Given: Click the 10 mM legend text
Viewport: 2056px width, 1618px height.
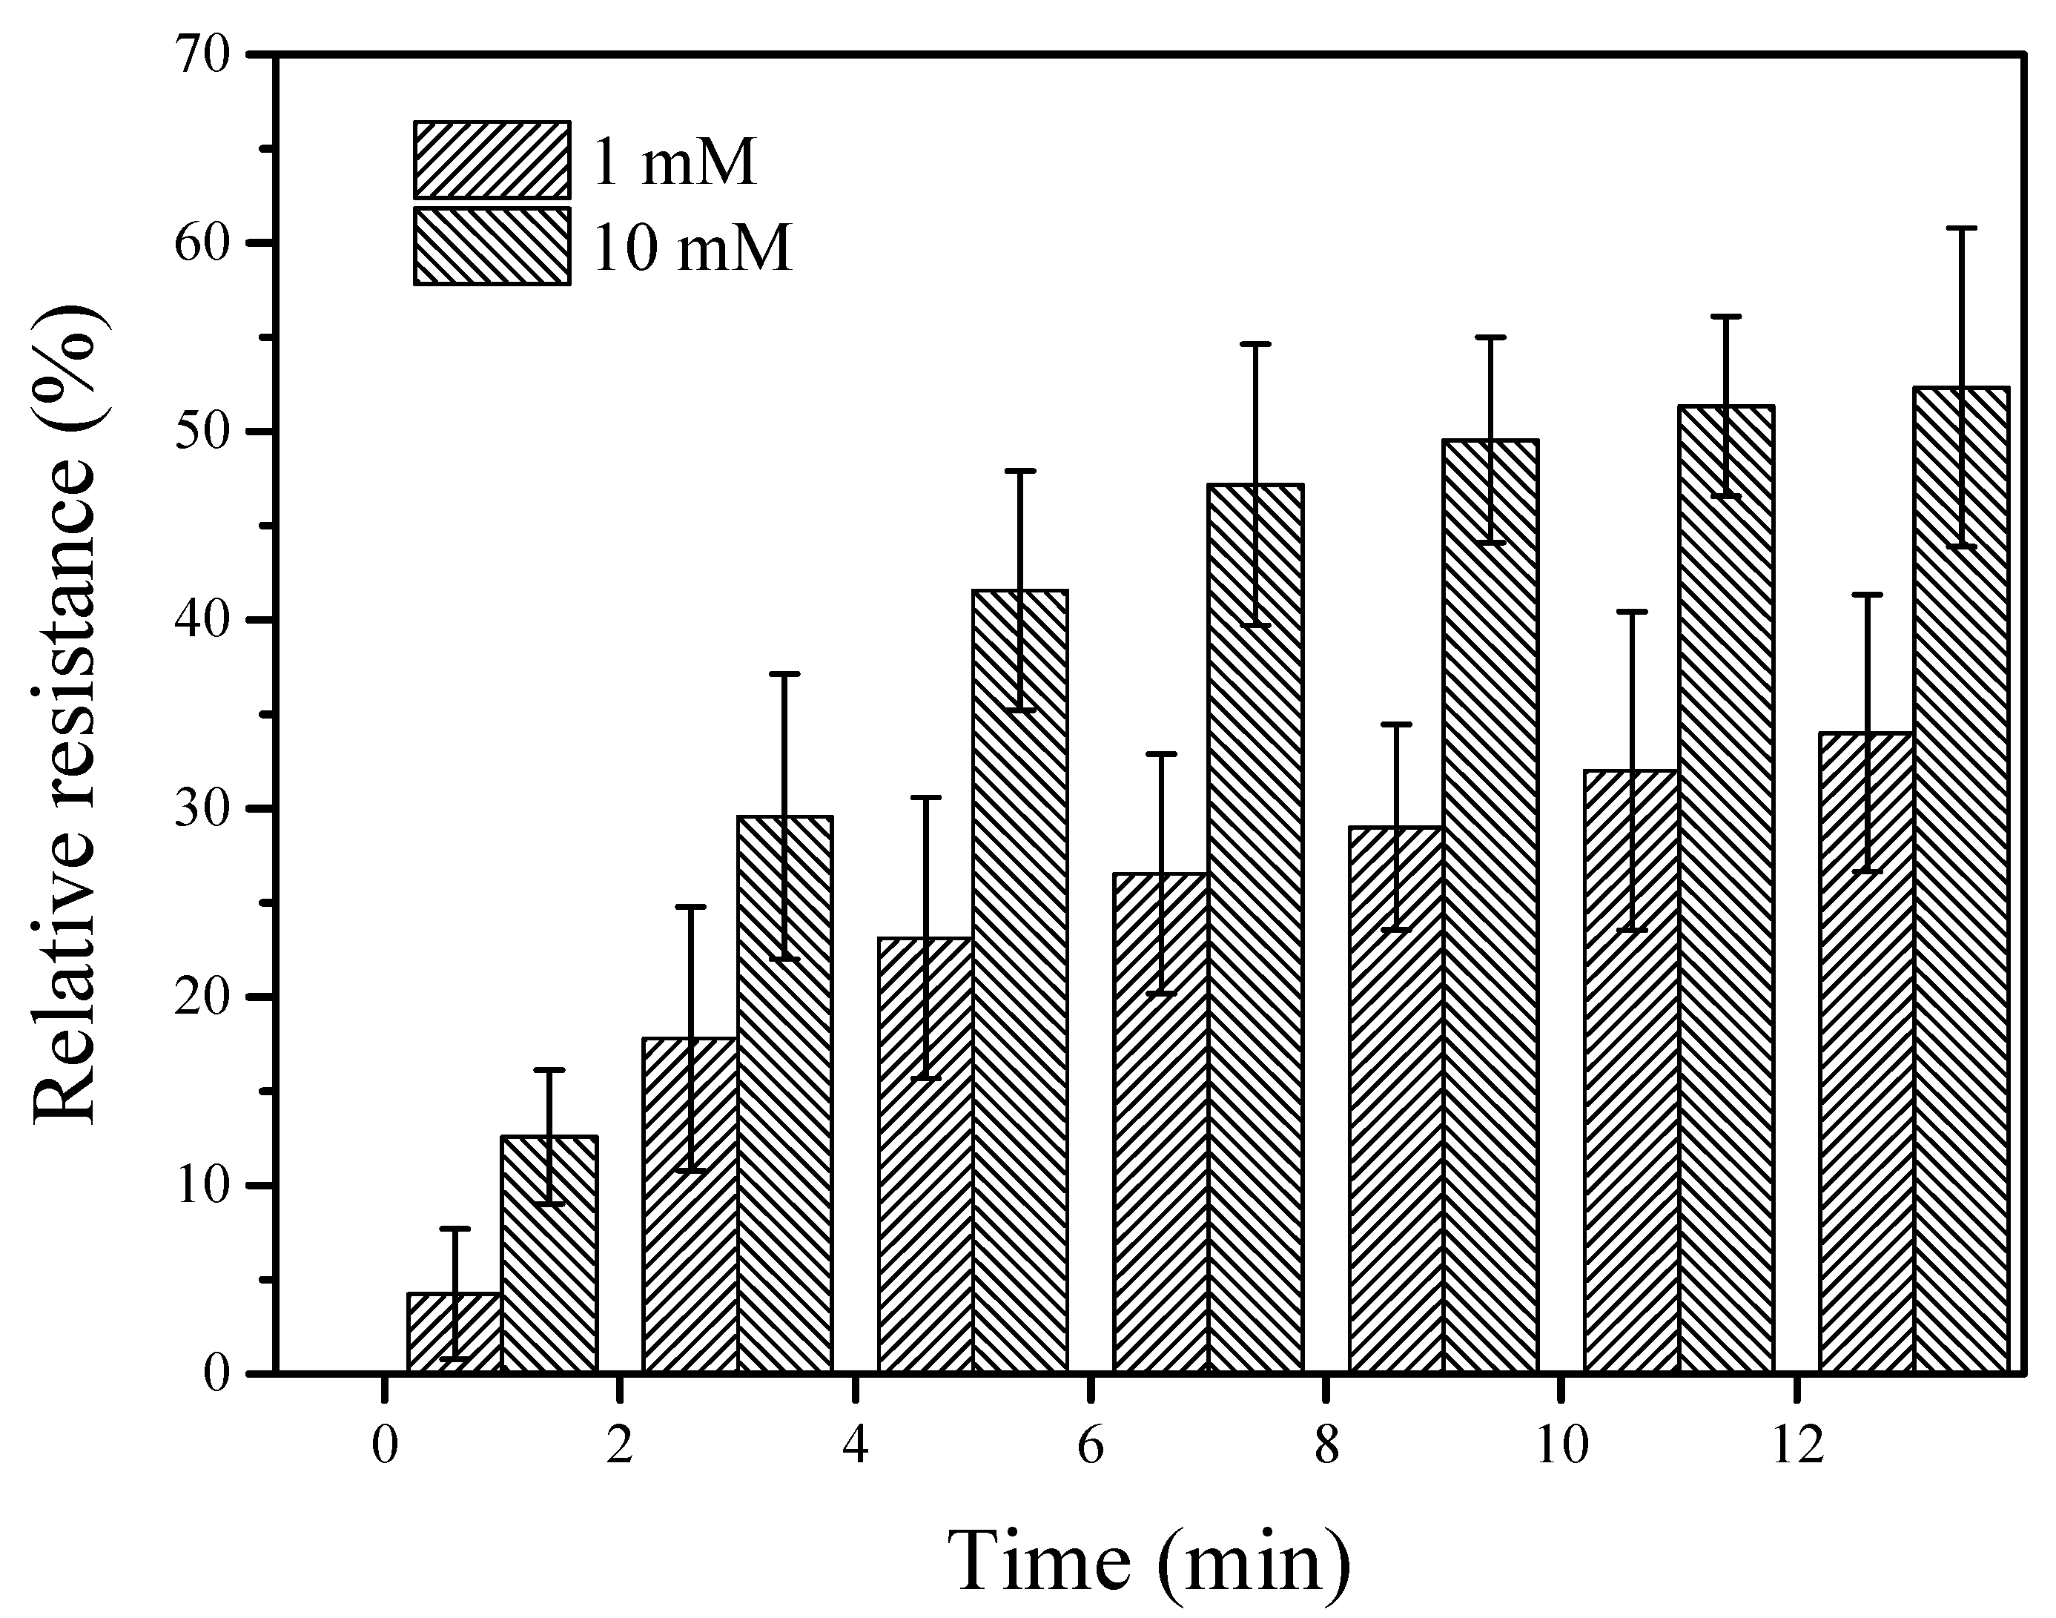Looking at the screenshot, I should (x=693, y=248).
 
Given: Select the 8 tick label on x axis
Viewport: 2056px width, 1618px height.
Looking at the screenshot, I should (x=1326, y=1447).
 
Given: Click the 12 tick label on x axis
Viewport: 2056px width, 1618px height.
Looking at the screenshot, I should (x=1796, y=1447).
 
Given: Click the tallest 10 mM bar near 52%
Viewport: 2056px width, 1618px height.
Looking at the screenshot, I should (x=1960, y=881).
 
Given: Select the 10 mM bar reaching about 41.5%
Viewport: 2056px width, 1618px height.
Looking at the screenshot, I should (x=1020, y=980).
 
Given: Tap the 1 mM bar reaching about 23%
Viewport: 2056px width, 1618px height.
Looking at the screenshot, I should (x=925, y=1156).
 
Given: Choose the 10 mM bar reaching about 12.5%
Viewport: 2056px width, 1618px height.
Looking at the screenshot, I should (x=549, y=1255).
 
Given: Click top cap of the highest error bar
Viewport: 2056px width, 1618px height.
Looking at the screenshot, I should (x=1960, y=228).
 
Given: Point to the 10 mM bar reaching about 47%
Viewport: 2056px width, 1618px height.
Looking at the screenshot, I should (x=1255, y=928).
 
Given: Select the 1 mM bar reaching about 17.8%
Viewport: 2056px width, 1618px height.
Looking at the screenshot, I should (x=690, y=1205).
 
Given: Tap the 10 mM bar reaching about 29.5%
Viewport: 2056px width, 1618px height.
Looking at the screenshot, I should (x=784, y=1094).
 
